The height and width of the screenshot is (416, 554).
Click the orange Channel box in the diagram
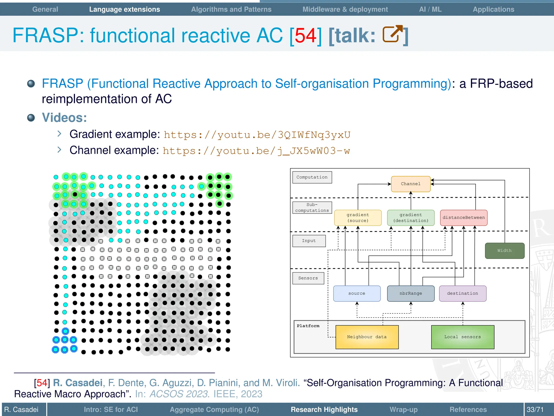tap(411, 184)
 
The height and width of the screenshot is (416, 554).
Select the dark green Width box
tap(504, 251)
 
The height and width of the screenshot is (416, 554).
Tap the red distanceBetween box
tap(464, 218)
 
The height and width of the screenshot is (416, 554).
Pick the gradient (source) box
tap(358, 218)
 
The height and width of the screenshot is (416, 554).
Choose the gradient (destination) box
tap(411, 218)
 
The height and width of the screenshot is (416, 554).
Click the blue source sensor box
tap(357, 294)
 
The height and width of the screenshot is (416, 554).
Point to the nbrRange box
tap(411, 294)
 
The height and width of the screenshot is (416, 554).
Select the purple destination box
tap(463, 294)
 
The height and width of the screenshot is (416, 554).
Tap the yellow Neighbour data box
tap(367, 337)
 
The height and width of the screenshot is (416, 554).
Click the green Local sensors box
tap(463, 337)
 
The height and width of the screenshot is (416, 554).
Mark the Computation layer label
tap(312, 177)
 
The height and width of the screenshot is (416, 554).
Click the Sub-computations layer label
tap(312, 208)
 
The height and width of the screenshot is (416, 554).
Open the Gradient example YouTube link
tap(257, 135)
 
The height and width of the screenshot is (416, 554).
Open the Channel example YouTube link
tap(256, 151)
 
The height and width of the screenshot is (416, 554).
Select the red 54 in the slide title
tap(305, 35)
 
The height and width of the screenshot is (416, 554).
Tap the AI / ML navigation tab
tap(430, 9)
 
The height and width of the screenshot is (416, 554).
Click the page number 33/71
tap(535, 409)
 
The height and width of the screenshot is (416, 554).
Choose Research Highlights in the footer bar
tap(324, 409)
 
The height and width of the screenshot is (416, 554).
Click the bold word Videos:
tap(64, 118)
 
